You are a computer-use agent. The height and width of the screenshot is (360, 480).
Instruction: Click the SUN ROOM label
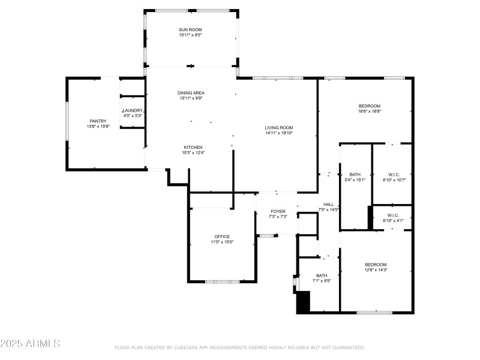pos(191,30)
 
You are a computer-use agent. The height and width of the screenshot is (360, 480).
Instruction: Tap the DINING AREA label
pos(191,93)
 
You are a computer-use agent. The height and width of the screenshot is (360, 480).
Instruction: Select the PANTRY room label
pos(98,121)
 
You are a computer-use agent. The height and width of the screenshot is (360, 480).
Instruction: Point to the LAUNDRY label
pos(132,110)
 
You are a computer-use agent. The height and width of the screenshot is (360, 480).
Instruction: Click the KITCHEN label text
pos(193,147)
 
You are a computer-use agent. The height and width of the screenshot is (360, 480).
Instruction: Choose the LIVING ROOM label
pos(279,127)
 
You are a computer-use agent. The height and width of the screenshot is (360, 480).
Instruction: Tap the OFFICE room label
pos(222,236)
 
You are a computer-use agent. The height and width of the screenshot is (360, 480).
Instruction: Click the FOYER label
pos(278,211)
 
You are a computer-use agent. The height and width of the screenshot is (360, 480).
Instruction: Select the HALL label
pos(328,204)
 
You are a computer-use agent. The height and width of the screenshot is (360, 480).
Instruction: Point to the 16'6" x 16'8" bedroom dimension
pos(370,111)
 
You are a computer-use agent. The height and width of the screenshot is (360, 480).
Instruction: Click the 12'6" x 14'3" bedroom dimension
pos(376,270)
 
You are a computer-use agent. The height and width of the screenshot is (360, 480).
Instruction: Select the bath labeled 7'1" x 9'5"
pos(322,278)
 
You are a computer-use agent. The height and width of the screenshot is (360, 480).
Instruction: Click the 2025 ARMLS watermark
pos(30,344)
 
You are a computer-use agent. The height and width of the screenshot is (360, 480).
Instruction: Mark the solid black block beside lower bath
pos(304,302)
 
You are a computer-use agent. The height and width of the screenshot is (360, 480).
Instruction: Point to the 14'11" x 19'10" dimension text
pos(279,133)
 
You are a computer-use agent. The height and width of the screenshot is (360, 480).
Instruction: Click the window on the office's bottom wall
pos(222,281)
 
